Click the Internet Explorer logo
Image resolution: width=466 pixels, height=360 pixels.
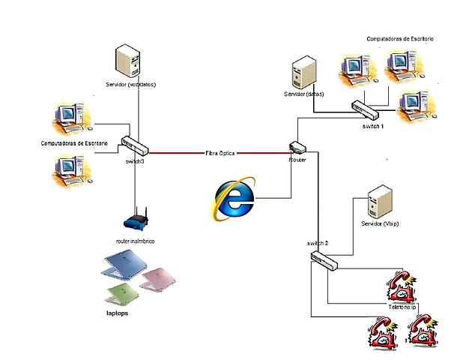pos(234,197)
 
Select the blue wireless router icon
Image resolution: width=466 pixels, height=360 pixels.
pos(136,221)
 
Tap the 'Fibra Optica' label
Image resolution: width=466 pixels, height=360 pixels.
pos(220,153)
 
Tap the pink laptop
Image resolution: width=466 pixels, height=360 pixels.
pos(160,277)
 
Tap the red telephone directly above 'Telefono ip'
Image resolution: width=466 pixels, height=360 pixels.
pos(402,287)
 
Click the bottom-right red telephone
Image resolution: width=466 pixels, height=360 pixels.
pos(421,333)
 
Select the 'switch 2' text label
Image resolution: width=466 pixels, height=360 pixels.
pos(318,244)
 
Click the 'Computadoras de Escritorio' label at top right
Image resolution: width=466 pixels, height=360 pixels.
pos(400,37)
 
